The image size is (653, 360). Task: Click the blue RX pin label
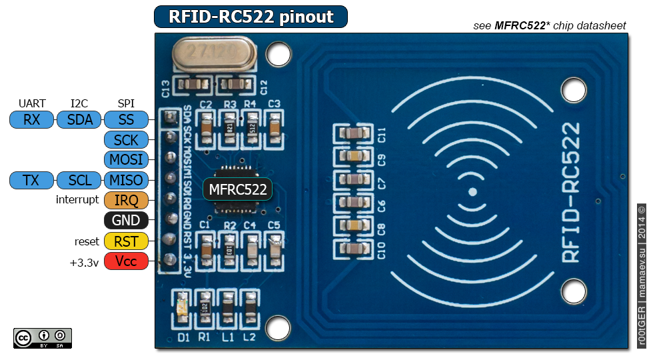[x=31, y=120]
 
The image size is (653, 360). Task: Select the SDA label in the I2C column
[x=79, y=120]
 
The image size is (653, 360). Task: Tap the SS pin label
[x=126, y=120]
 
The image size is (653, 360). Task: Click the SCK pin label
[x=126, y=140]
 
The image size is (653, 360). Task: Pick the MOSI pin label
[x=126, y=160]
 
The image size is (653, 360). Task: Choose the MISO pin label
[x=126, y=180]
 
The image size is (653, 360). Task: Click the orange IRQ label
[x=126, y=200]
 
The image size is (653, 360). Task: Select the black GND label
[x=126, y=221]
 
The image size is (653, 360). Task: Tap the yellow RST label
[x=126, y=241]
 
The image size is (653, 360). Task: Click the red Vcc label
[x=126, y=261]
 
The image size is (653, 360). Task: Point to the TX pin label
[x=31, y=180]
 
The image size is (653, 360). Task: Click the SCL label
[x=80, y=180]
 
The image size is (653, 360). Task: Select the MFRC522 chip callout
[x=238, y=189]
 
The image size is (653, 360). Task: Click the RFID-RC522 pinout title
[x=251, y=17]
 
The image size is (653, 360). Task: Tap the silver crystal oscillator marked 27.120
[x=214, y=54]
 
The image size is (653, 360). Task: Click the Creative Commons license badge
[x=42, y=338]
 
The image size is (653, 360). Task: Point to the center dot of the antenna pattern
[x=472, y=192]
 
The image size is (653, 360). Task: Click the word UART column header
[x=32, y=103]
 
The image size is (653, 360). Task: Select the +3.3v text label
[x=84, y=262]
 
